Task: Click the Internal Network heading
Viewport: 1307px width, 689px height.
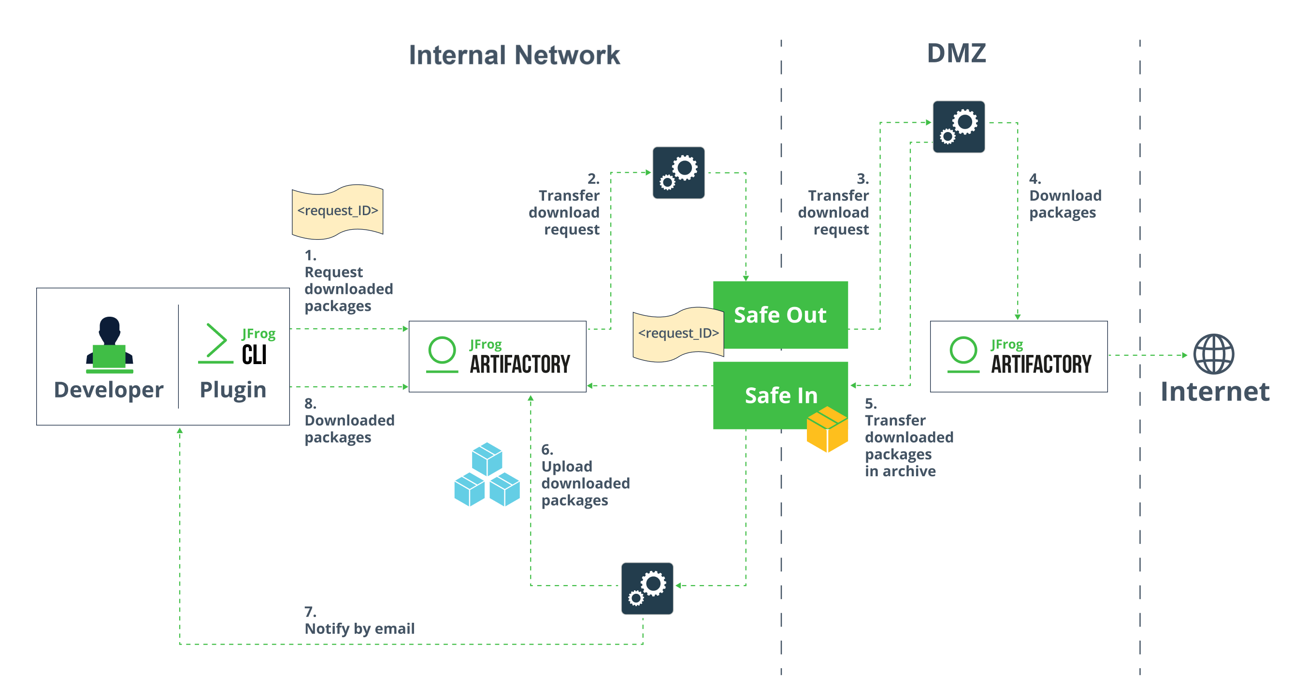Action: pyautogui.click(x=514, y=55)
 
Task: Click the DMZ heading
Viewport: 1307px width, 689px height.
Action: pyautogui.click(x=956, y=53)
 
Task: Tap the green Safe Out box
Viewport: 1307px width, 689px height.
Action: pyautogui.click(x=780, y=315)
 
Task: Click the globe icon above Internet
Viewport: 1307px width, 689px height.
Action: pyautogui.click(x=1213, y=354)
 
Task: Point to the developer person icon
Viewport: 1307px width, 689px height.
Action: pyautogui.click(x=110, y=345)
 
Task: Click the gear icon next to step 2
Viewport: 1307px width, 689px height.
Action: pyautogui.click(x=678, y=173)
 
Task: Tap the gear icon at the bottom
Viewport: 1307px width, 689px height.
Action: pyautogui.click(x=647, y=588)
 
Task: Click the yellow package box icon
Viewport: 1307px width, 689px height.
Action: pyautogui.click(x=827, y=429)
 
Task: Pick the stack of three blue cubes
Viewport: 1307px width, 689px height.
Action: pyautogui.click(x=487, y=475)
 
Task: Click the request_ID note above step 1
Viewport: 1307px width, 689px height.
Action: pyautogui.click(x=337, y=211)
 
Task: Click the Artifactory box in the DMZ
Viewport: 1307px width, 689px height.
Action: pyautogui.click(x=1019, y=356)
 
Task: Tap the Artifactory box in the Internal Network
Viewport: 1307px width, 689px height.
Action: pyautogui.click(x=497, y=356)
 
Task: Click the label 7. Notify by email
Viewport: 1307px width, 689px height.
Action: pyautogui.click(x=359, y=621)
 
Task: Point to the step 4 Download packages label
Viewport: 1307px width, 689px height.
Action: pyautogui.click(x=1064, y=196)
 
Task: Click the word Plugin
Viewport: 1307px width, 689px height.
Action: pyautogui.click(x=233, y=390)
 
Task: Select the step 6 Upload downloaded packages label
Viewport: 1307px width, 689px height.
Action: pyautogui.click(x=585, y=475)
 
